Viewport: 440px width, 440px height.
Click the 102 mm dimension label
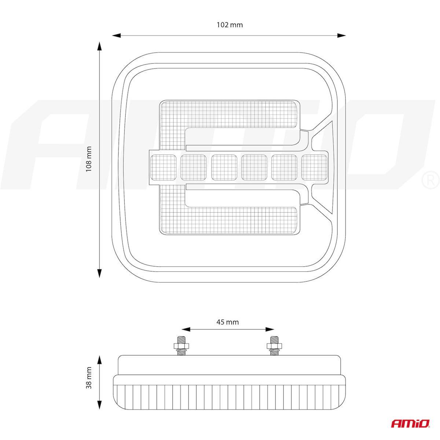(230, 25)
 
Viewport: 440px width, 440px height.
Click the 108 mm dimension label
(89, 159)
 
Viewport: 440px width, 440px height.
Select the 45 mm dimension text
(228, 322)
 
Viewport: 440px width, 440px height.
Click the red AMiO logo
(411, 423)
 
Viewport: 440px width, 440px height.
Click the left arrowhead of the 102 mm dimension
(116, 36)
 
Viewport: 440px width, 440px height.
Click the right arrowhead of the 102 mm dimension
(342, 36)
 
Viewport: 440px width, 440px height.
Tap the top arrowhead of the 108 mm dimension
(99, 46)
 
